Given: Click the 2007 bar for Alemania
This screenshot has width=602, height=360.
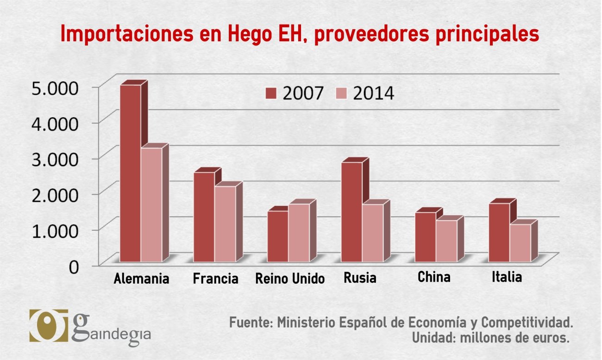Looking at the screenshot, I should [x=130, y=173].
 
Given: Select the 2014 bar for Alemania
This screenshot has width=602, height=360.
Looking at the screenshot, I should [x=151, y=204].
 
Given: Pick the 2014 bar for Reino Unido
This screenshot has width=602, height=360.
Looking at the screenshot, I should [x=299, y=232].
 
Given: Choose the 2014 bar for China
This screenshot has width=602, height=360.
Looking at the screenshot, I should [x=446, y=240].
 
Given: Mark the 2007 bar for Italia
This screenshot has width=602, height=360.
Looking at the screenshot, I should [x=499, y=232].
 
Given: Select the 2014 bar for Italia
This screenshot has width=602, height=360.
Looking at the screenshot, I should [x=520, y=242].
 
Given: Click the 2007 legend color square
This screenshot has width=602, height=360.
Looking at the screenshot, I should [x=271, y=93].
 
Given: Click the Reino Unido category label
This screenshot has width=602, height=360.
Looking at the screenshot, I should [x=290, y=279].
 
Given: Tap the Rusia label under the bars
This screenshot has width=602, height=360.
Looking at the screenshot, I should [x=360, y=278].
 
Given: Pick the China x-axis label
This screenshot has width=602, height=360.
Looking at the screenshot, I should [x=434, y=277].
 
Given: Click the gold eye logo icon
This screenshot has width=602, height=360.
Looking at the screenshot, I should [x=48, y=325].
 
